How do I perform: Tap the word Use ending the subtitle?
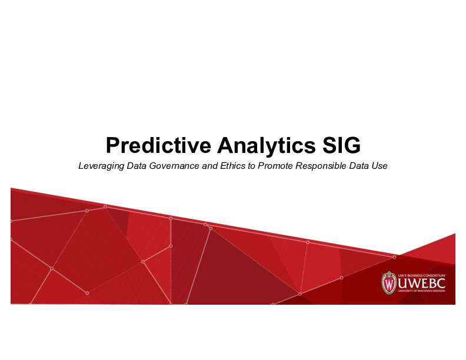point(380,166)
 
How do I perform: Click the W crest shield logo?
point(389,283)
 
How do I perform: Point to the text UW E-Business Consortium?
point(422,275)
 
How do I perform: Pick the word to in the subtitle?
point(250,166)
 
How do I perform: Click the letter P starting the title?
point(111,145)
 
